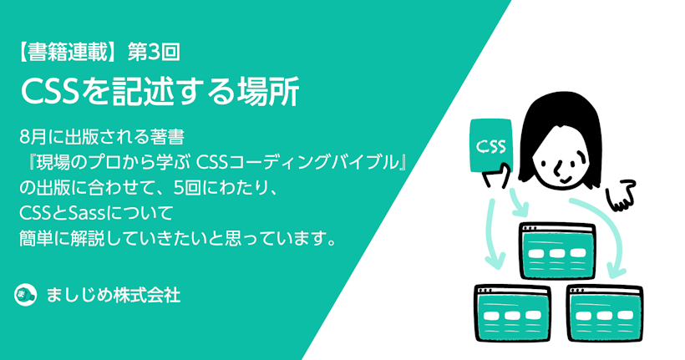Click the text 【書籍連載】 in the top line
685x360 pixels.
tap(68, 53)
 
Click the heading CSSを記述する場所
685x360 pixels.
tap(160, 91)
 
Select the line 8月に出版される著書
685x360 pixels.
tap(102, 137)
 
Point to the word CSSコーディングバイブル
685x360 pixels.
tap(297, 162)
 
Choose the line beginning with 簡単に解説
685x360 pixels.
tap(178, 239)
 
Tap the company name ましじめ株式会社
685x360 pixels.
tap(114, 296)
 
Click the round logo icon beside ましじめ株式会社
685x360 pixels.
tap(25, 296)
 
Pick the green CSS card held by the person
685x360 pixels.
tap(491, 146)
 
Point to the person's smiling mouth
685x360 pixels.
tap(564, 180)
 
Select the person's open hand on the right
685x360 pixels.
tap(621, 196)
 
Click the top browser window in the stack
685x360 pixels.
tap(557, 251)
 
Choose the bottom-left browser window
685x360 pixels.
tap(512, 313)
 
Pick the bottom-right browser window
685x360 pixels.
tap(605, 313)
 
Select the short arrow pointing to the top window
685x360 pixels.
tap(518, 203)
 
